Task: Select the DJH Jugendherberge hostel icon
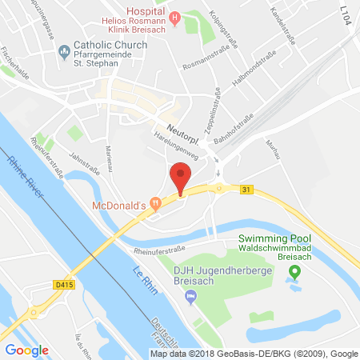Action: pos(190,298)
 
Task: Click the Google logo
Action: pos(26,349)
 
